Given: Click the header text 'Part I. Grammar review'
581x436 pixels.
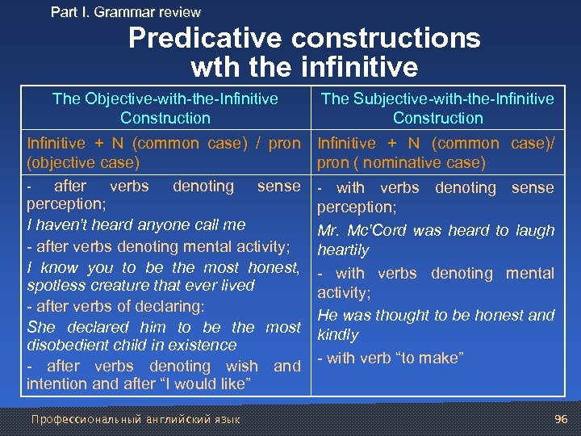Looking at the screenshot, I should pos(125,12).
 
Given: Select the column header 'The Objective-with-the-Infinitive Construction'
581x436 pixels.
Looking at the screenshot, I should pos(165,108).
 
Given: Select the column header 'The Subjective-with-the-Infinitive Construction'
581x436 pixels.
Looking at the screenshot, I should pos(437,108).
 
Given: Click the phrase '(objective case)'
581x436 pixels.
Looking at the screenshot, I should pos(83,162).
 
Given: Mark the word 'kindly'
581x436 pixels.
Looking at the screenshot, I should pos(338,335).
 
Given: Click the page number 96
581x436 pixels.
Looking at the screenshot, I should pos(561,418).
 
